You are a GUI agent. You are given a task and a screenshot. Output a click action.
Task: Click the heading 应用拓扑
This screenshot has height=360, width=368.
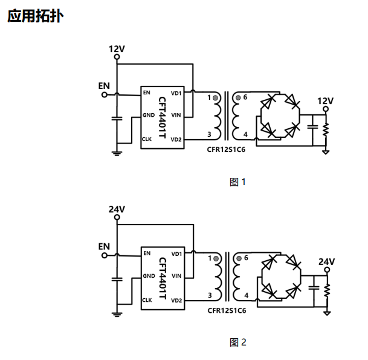[x=36, y=16]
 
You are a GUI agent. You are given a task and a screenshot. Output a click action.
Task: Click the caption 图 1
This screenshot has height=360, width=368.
[x=237, y=182]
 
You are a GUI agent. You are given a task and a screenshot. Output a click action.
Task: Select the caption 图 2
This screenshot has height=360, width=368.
[x=238, y=342]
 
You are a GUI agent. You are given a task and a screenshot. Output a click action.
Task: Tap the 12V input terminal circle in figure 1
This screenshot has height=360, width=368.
[x=117, y=57]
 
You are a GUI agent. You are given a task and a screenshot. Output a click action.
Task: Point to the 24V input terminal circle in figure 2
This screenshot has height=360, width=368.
[x=117, y=217]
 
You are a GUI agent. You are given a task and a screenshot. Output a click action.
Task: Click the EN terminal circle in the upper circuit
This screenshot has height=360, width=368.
[x=105, y=95]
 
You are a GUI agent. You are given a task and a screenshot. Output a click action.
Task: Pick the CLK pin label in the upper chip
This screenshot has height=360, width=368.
[x=147, y=139]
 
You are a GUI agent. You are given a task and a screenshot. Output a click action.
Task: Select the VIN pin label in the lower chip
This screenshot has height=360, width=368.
[x=176, y=276]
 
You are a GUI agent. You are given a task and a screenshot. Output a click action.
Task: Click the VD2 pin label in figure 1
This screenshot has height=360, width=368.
[x=176, y=140]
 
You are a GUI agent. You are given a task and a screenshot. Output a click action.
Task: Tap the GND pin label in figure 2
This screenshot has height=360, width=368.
[x=149, y=276]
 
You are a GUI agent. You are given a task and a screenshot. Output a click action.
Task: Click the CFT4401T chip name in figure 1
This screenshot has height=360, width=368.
[x=162, y=117]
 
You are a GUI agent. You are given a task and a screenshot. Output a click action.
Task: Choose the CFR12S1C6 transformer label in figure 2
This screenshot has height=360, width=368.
[x=227, y=310]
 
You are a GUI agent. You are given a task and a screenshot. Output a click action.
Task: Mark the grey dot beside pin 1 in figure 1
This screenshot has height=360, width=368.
[x=215, y=98]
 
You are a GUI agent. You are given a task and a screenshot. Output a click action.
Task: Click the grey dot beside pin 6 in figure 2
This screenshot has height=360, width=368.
[x=239, y=258]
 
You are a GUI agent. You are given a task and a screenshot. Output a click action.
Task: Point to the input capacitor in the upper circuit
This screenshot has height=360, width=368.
[x=117, y=119]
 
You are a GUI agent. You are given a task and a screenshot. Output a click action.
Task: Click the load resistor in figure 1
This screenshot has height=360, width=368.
[x=326, y=129]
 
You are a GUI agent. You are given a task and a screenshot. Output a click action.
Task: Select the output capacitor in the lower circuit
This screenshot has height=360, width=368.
[x=314, y=287]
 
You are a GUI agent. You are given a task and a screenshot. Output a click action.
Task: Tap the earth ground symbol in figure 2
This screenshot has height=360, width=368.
[x=117, y=315]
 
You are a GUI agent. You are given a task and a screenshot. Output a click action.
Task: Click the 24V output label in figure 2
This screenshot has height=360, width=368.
[x=326, y=261]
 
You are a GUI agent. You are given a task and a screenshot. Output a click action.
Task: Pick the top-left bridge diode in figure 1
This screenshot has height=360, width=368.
[x=268, y=102]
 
